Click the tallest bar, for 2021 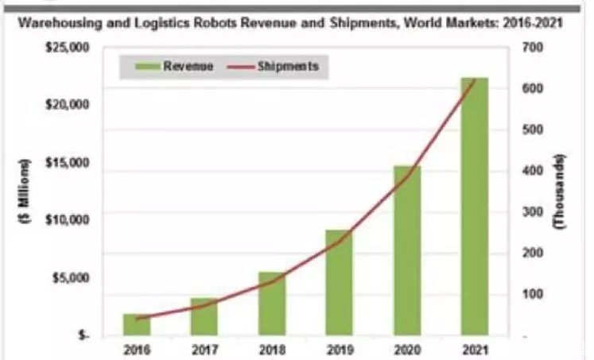tap(473, 207)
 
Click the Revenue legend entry tap(188, 67)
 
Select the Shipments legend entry tap(287, 67)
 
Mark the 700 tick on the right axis tap(532, 48)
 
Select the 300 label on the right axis tap(532, 212)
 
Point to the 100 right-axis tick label tap(532, 294)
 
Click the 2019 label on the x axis tap(338, 348)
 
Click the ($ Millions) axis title tap(25, 191)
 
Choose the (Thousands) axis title tap(561, 191)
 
